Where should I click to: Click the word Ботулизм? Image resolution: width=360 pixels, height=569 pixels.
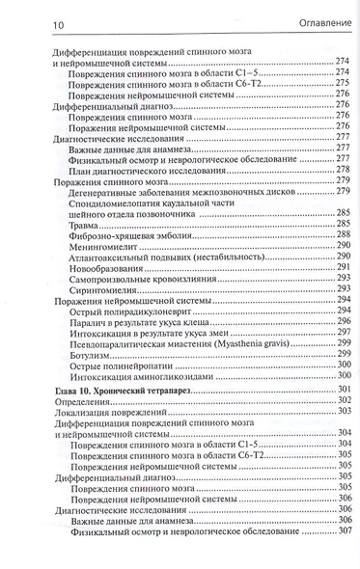[x=92, y=355]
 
